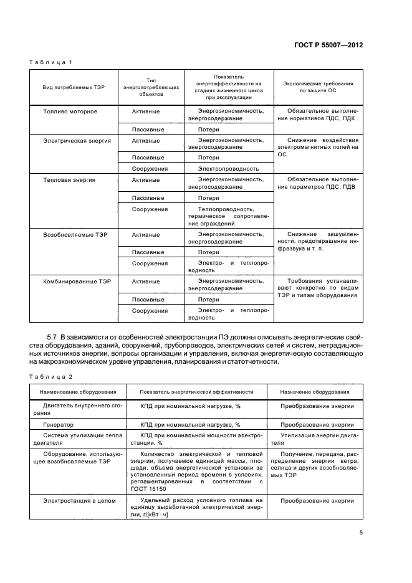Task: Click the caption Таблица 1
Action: [x=52, y=63]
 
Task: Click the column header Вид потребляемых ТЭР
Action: [x=74, y=87]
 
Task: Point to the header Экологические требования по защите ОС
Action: [x=318, y=87]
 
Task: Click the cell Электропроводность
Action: [x=228, y=168]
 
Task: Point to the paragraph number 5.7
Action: [x=53, y=337]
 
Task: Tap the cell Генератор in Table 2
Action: [x=58, y=425]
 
